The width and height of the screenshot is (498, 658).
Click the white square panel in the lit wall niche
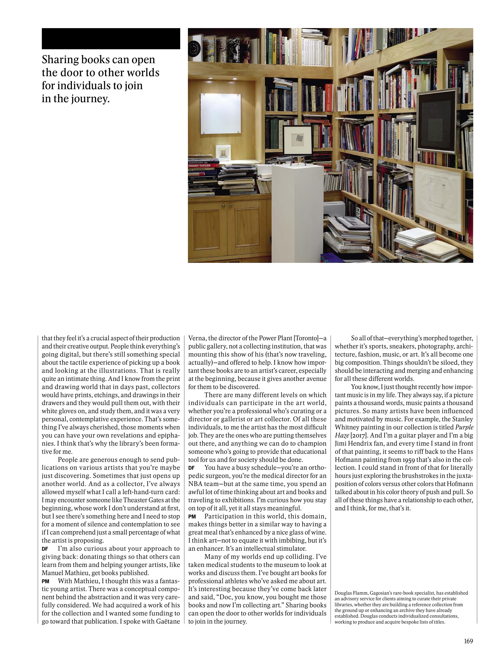[x=220, y=114]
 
